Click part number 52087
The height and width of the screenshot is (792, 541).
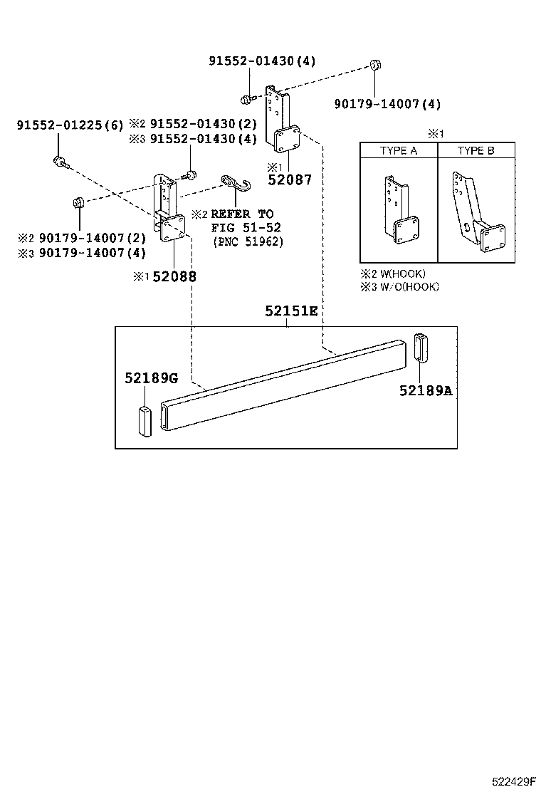(x=290, y=180)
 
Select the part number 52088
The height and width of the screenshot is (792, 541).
(x=174, y=276)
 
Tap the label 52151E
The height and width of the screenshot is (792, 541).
(x=291, y=311)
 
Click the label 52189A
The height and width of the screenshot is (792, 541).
(x=426, y=390)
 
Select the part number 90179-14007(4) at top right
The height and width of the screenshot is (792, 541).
(x=388, y=104)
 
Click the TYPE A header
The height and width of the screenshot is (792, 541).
(x=399, y=151)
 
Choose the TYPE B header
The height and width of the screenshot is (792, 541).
(x=476, y=151)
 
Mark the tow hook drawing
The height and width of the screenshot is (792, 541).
(x=234, y=183)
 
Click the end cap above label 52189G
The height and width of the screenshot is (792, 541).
(x=145, y=422)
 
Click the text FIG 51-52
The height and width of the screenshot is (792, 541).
(x=246, y=227)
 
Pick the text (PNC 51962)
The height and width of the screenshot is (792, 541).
(x=248, y=241)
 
